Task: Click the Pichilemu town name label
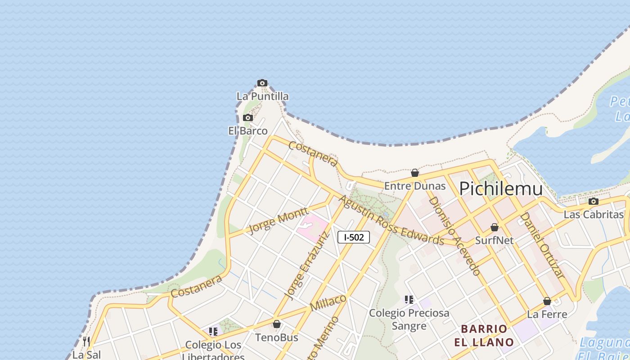(x=500, y=189)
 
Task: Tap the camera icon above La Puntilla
(x=262, y=83)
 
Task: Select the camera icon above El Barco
(x=247, y=118)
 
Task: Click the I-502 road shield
(x=354, y=237)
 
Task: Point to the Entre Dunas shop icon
(x=415, y=173)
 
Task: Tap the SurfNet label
(x=494, y=240)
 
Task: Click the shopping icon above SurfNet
(x=495, y=228)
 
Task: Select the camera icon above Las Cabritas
(x=594, y=202)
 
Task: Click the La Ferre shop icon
(x=547, y=301)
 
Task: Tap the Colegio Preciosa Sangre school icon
(x=409, y=300)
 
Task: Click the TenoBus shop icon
(x=277, y=324)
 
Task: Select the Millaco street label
(x=328, y=302)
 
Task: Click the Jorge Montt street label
(x=278, y=220)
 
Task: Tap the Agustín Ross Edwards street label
(x=391, y=220)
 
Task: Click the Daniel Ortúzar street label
(x=542, y=245)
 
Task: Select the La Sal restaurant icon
(x=86, y=342)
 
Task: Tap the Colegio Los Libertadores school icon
(x=213, y=332)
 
